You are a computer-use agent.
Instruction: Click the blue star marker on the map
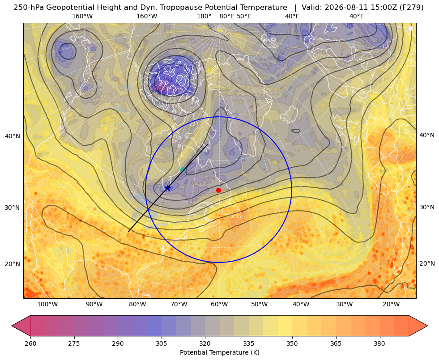point(167,188)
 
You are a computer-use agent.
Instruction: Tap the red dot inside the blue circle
point(219,190)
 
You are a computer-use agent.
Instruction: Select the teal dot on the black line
point(183,170)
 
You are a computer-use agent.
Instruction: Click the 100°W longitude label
point(47,305)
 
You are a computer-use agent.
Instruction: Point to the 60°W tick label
point(219,305)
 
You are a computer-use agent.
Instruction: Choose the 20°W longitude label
point(391,305)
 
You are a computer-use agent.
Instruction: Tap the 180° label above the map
point(204,16)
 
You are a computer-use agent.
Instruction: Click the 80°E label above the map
point(227,16)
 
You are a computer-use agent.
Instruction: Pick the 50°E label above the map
point(244,16)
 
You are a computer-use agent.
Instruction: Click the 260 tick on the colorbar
point(30,343)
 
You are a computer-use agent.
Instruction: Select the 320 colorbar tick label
point(205,343)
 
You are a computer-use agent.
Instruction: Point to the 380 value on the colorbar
point(379,343)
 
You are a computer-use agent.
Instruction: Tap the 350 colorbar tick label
point(292,343)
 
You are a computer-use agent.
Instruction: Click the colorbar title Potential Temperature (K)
point(219,352)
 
